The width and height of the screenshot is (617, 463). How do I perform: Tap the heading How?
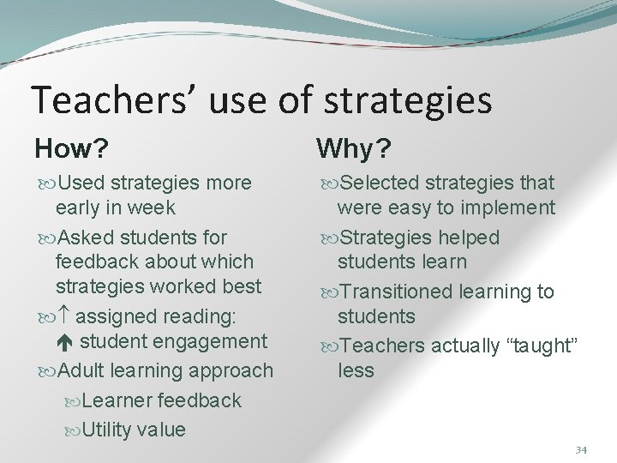pyautogui.click(x=71, y=150)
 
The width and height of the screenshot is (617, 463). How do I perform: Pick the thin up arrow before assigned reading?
pyautogui.click(x=70, y=316)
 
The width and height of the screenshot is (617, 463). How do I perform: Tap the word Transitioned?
pyautogui.click(x=397, y=292)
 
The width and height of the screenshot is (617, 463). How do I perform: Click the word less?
pyautogui.click(x=356, y=370)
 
